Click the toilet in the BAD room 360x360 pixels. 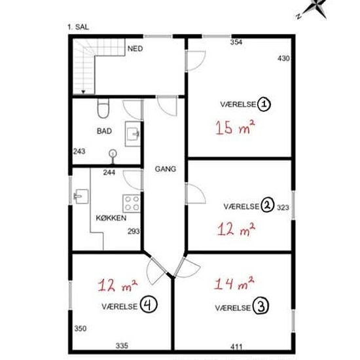point(103,109)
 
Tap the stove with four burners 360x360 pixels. point(132,204)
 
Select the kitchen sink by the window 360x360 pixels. point(81,196)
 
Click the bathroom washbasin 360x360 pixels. point(132,134)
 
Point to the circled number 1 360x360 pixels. point(264,105)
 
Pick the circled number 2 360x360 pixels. point(267,206)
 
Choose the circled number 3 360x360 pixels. point(261,306)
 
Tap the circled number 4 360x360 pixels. point(149,305)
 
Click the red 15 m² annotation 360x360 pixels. point(235,127)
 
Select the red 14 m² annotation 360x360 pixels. point(234,283)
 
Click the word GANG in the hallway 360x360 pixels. point(166,169)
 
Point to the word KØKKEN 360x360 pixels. point(111,218)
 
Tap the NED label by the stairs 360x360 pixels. point(135,48)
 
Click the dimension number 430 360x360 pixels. point(283,58)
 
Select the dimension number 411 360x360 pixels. point(236,347)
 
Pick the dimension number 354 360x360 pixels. point(236,43)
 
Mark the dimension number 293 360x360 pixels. point(134,231)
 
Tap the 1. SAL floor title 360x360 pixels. point(78,27)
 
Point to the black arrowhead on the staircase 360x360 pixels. point(83,92)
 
